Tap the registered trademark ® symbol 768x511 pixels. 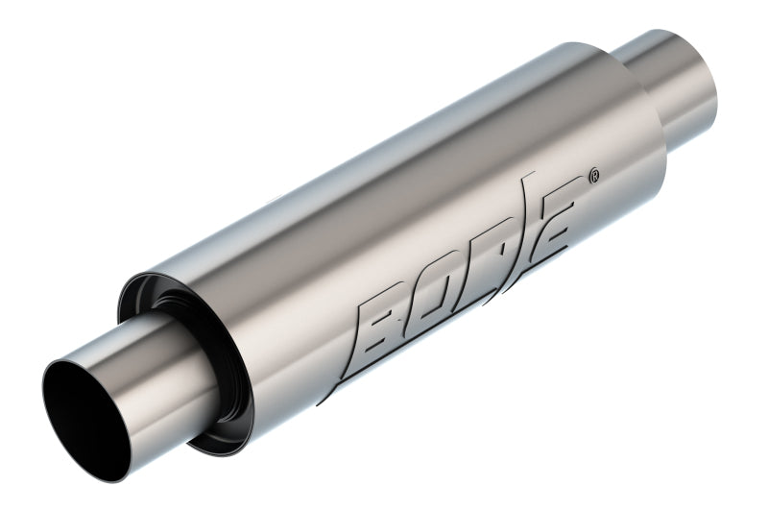click(x=594, y=177)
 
